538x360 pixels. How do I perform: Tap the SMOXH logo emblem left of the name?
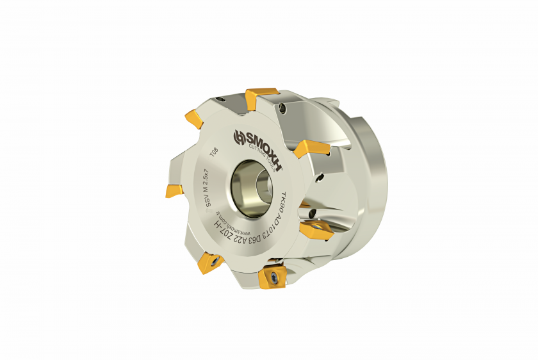(x=239, y=137)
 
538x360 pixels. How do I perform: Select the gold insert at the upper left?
(x=194, y=118)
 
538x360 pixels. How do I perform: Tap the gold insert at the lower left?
(x=209, y=263)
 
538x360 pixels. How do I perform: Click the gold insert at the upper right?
(x=313, y=149)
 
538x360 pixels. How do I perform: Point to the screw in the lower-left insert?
(x=211, y=263)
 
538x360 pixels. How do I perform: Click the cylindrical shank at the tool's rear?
(x=368, y=186)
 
